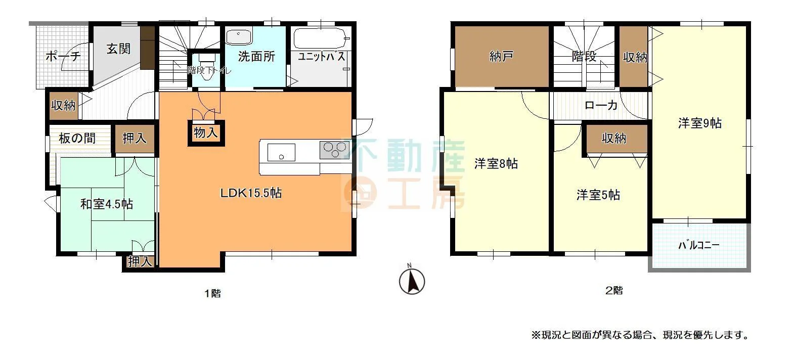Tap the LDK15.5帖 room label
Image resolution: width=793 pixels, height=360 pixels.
point(251,193)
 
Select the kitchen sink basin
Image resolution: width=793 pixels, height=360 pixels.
point(281,152)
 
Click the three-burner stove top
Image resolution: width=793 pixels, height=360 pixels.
point(335,150)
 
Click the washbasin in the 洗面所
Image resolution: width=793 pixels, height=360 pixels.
point(239,37)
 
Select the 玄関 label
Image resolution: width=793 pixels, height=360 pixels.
point(118,49)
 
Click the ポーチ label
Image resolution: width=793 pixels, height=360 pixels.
point(63,56)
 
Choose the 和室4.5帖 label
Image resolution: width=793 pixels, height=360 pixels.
point(107,204)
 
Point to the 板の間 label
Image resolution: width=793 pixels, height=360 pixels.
point(77,138)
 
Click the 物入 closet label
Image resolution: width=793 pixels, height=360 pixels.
point(206,133)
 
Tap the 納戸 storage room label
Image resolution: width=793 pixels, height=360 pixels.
point(501,56)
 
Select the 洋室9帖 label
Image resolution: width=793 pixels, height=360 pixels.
point(700,123)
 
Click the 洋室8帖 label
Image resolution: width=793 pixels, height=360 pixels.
point(496,163)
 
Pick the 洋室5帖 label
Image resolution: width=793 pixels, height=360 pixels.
point(598,195)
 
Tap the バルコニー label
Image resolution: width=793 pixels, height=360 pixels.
point(698,245)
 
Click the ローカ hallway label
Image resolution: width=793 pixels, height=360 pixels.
point(601,105)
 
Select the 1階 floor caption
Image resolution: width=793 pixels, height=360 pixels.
point(213,293)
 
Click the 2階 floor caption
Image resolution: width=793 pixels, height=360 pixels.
point(614,291)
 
